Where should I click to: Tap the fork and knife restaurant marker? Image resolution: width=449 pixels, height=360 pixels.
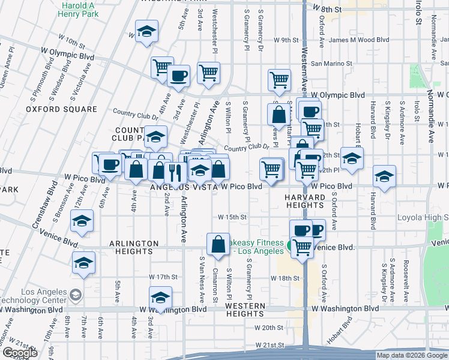(175, 172)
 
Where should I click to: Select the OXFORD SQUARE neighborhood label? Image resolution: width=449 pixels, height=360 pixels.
(61, 109)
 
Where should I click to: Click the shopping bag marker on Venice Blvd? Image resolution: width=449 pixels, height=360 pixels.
(218, 244)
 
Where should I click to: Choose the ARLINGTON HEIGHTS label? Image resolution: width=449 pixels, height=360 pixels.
(134, 244)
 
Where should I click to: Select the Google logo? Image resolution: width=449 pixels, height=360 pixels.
(20, 353)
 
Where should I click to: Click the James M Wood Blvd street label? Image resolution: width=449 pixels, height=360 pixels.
(359, 40)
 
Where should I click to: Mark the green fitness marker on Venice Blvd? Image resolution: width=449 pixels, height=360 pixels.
(290, 245)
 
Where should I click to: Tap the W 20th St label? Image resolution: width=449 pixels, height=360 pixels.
(268, 328)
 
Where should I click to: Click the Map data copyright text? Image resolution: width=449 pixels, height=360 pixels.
(411, 355)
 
